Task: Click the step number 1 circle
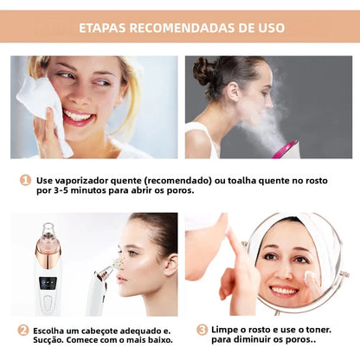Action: click(x=25, y=180)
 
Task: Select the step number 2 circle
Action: click(x=23, y=331)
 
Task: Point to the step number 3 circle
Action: click(x=202, y=330)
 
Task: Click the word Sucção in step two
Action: click(x=48, y=340)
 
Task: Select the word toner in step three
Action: click(x=318, y=330)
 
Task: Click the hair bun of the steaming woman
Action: click(x=204, y=70)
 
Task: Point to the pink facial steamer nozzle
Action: click(x=285, y=150)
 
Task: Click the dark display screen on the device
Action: click(x=48, y=283)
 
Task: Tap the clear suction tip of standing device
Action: click(x=48, y=231)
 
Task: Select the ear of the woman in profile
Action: click(x=171, y=265)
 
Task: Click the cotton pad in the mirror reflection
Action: click(x=310, y=278)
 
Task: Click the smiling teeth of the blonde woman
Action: click(x=77, y=117)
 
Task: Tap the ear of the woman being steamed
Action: click(x=233, y=92)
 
